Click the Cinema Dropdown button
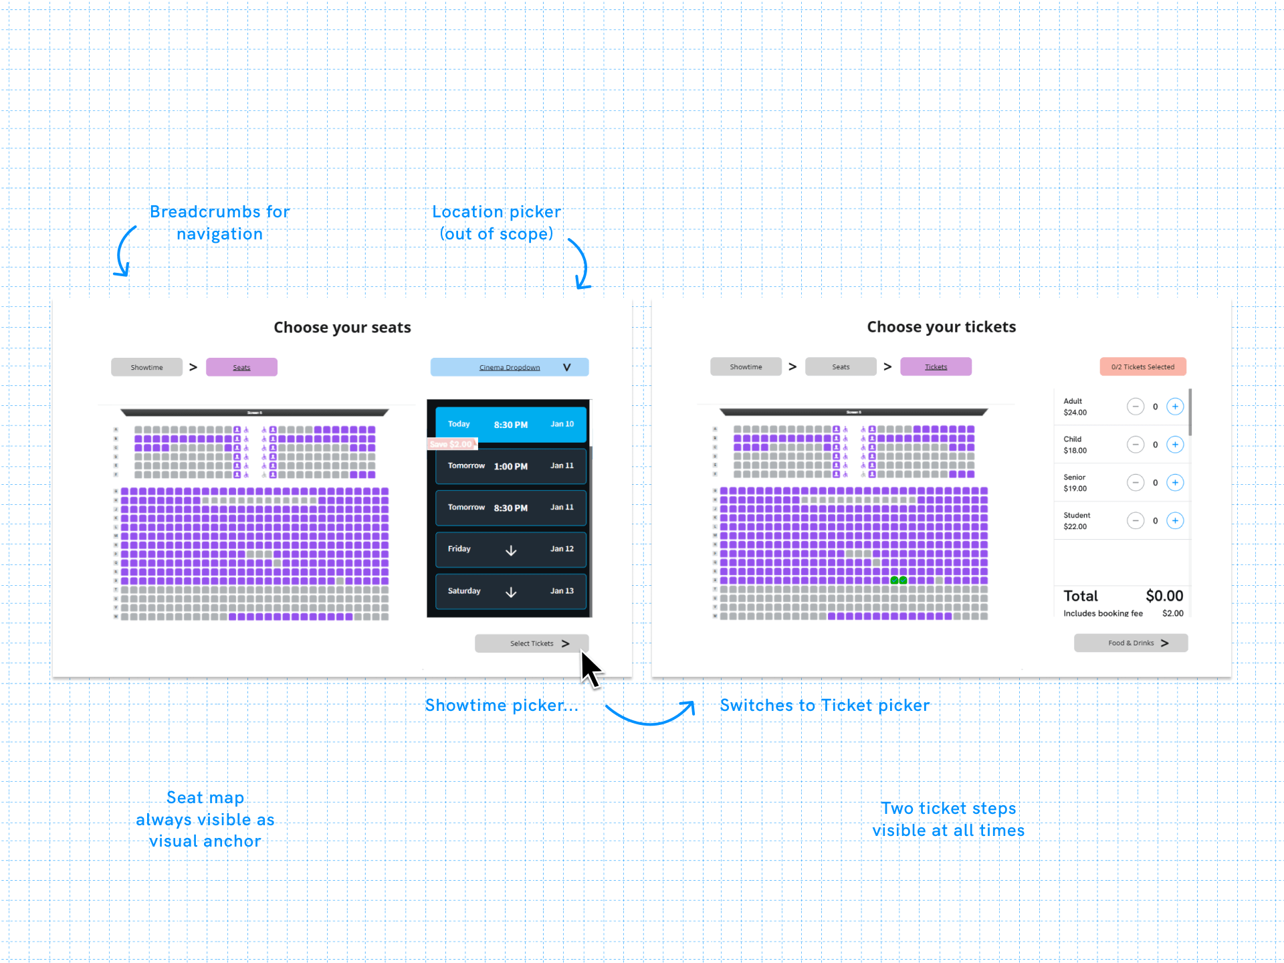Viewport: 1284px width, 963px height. [510, 367]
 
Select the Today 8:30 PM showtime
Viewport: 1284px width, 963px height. [511, 424]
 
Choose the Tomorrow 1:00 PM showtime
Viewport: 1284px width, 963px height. [511, 466]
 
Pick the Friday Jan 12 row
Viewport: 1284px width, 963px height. [511, 549]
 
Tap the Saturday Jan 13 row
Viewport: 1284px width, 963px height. [511, 591]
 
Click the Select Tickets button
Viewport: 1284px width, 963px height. [532, 643]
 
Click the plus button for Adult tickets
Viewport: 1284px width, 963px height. [1175, 407]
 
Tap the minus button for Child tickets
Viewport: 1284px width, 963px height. [1135, 445]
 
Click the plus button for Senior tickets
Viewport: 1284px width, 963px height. [1175, 483]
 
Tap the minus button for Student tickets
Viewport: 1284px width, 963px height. [1135, 521]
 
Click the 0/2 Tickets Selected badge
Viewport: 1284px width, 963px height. [1143, 366]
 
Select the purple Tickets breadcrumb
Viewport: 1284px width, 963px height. [936, 366]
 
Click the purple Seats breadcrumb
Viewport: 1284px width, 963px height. [241, 367]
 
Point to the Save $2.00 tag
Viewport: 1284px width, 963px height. [451, 444]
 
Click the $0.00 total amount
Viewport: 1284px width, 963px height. [1164, 596]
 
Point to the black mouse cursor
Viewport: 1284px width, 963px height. [589, 668]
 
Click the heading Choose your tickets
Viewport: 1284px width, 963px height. [941, 327]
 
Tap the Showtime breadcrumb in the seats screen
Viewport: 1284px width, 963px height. [146, 367]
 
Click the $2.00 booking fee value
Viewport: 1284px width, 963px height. [1172, 613]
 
